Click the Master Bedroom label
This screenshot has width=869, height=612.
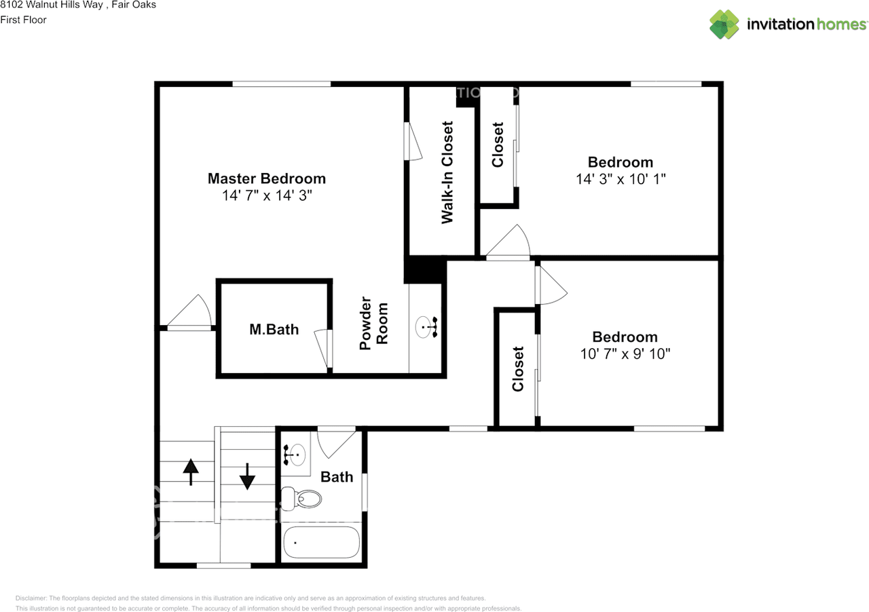pos(266,178)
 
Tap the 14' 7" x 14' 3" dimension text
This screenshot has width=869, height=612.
pos(266,195)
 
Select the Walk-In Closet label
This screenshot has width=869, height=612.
pos(447,172)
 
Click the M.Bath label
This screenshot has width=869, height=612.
pos(274,330)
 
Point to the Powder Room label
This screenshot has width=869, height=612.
pos(373,324)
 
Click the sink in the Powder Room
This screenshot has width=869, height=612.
pos(426,327)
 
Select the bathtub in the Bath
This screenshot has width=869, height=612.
pos(320,542)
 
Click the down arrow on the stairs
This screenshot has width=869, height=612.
pos(247,476)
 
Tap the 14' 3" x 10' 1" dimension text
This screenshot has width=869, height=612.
pos(621,179)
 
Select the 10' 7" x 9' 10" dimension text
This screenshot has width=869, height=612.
pos(625,353)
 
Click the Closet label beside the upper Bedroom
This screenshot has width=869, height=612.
pos(498,145)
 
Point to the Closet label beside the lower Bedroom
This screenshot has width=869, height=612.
pos(518,369)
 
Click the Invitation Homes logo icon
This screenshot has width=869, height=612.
pos(724,24)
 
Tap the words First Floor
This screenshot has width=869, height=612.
pos(23,20)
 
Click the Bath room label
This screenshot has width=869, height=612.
pos(337,477)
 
